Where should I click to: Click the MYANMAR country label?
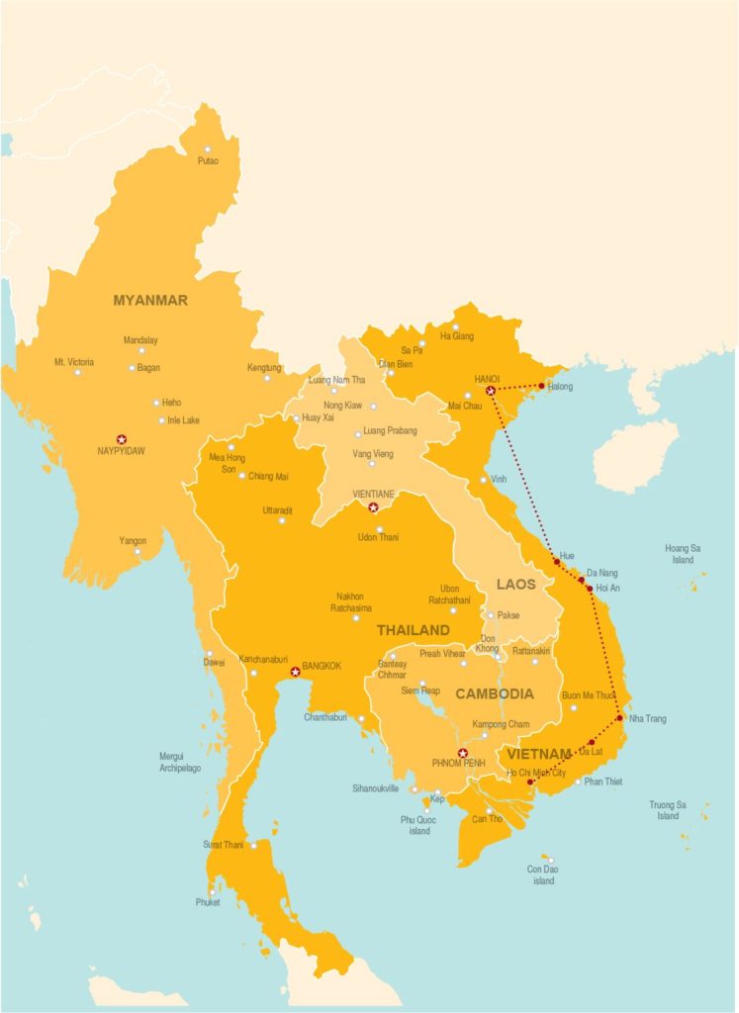pos(150,300)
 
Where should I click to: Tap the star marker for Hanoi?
pos(491,392)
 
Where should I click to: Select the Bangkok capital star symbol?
pos(295,673)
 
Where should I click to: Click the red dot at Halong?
pos(541,386)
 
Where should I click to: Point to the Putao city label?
pos(208,161)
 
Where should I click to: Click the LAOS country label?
pos(515,585)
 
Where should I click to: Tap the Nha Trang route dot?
pos(620,718)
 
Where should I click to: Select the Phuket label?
pos(207,902)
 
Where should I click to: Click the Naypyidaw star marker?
pos(122,438)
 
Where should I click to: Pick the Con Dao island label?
pos(543,875)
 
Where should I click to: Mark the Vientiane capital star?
pos(373,507)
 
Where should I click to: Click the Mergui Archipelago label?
pos(180,762)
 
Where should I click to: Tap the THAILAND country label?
pos(413,630)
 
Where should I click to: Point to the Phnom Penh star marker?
pos(462,753)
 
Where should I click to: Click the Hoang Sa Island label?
pos(683,553)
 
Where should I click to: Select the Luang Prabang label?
pos(390,430)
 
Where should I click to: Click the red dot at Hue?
pos(557,562)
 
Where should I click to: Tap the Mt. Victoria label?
pos(74,362)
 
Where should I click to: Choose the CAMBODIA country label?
pos(494,694)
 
